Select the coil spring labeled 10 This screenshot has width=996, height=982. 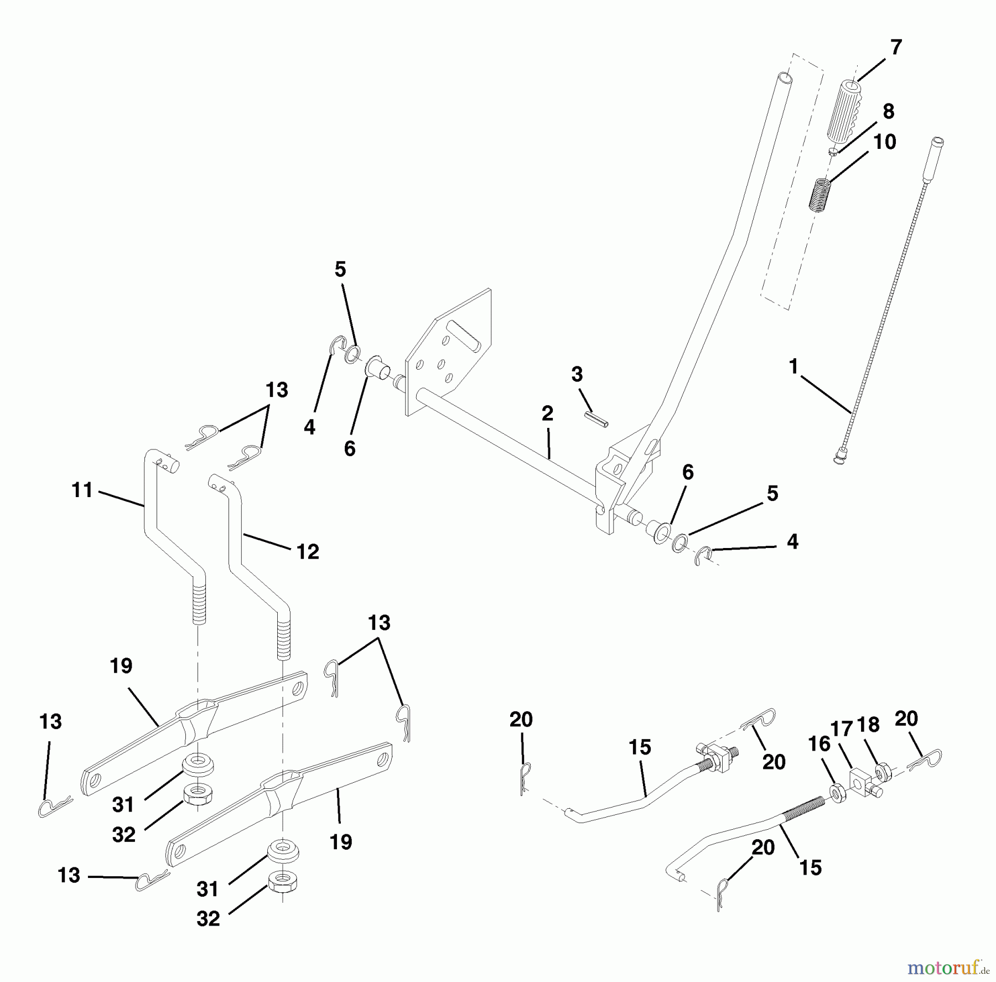[x=819, y=194]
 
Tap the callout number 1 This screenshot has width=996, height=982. [x=793, y=366]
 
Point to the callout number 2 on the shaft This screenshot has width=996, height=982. [x=547, y=414]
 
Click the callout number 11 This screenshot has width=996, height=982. [x=82, y=490]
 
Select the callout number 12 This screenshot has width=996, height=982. [x=308, y=551]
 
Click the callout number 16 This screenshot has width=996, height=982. [x=819, y=745]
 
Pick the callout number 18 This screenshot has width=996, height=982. [x=868, y=726]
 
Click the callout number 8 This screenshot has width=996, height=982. [x=888, y=111]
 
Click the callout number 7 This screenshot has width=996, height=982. [x=896, y=48]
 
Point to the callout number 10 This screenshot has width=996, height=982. [x=884, y=142]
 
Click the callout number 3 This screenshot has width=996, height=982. [x=577, y=375]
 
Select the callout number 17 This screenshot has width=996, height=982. [x=842, y=730]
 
